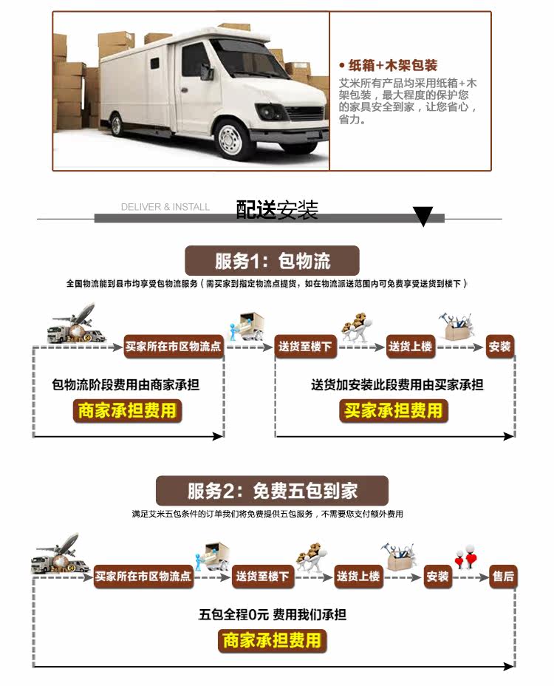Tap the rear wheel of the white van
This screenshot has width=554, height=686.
point(115,123)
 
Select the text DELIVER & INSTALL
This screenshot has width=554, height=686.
point(165,207)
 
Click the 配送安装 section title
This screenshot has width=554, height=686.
point(277,210)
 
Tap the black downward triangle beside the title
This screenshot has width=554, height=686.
point(423,216)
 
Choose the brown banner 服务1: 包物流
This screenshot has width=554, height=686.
point(273,260)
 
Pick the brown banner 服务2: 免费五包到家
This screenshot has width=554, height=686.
point(273,491)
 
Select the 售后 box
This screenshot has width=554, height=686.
point(503,576)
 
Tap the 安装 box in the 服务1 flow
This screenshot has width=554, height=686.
point(500,346)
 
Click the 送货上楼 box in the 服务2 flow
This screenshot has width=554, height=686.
point(358,576)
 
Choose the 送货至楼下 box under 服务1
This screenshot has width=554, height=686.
point(305,346)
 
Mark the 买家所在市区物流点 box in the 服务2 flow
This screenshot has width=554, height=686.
point(143,576)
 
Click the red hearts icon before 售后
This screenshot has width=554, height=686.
point(465,556)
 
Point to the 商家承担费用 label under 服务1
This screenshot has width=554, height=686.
point(127,410)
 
